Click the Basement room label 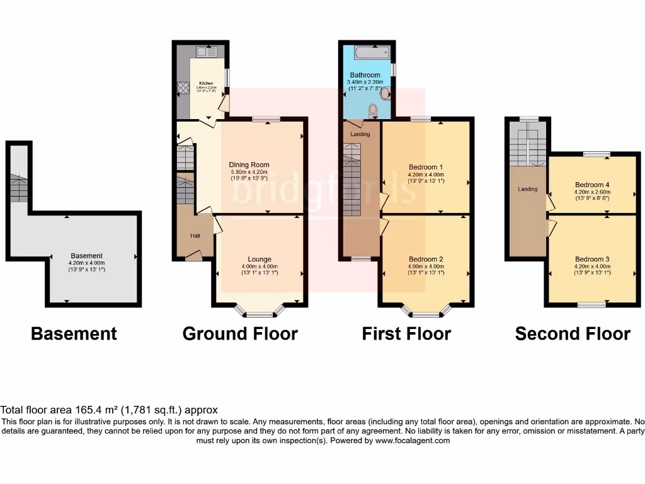[x=86, y=256]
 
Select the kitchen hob [x=183, y=88]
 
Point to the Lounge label [x=260, y=259]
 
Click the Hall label [x=196, y=236]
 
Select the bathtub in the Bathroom [x=372, y=52]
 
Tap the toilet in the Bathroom [x=373, y=111]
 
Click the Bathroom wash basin [x=385, y=93]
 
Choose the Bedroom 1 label [x=426, y=167]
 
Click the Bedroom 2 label [x=426, y=259]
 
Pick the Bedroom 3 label [x=592, y=259]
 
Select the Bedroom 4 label [x=592, y=185]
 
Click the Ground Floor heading [x=240, y=333]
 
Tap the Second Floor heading [x=573, y=333]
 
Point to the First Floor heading [x=406, y=333]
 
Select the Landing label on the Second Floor [x=528, y=189]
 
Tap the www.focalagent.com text [x=412, y=441]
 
